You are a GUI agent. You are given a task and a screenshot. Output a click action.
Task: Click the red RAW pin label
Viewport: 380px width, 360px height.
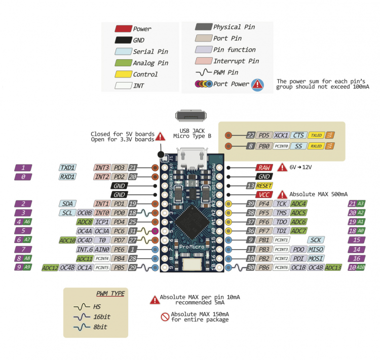[x=263, y=168]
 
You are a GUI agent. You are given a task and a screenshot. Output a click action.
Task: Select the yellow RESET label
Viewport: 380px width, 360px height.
[x=264, y=186]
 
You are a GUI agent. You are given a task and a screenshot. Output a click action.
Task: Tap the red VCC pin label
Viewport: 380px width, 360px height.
[x=263, y=195]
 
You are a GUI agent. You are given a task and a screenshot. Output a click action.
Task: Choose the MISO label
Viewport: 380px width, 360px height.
[x=316, y=249]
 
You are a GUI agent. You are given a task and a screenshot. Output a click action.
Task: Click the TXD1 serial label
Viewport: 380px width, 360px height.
[x=68, y=168]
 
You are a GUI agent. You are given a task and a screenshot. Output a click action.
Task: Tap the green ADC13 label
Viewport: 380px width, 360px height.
[x=333, y=267]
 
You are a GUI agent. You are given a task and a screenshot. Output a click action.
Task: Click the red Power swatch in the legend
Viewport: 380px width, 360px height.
[x=123, y=29]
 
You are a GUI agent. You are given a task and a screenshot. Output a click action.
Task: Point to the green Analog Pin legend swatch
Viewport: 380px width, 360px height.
[x=123, y=63]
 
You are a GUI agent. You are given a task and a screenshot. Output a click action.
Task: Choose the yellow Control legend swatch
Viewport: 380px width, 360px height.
[x=123, y=74]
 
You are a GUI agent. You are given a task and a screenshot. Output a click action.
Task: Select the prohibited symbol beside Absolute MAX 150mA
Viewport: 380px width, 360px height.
[x=164, y=317]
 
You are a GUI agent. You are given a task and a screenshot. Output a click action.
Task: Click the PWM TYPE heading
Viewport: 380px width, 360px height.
[x=110, y=293]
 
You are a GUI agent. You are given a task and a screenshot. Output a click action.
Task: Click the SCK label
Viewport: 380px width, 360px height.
[x=316, y=240]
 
